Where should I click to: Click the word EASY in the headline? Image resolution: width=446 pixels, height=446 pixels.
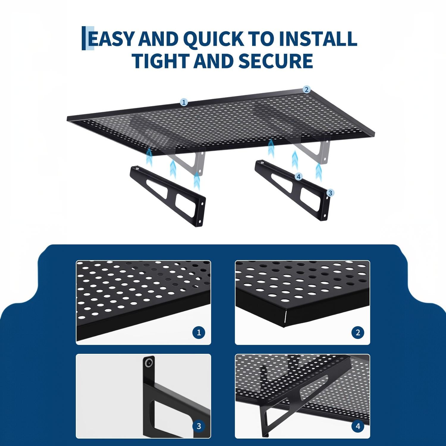[111, 39]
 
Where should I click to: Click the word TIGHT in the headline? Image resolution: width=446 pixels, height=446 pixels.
[161, 61]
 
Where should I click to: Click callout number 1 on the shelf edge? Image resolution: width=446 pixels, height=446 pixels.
[184, 102]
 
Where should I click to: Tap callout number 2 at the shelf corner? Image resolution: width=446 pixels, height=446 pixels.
[306, 89]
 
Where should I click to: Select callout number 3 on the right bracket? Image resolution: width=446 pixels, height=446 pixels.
[330, 193]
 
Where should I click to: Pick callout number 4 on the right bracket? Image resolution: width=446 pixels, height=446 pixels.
[299, 177]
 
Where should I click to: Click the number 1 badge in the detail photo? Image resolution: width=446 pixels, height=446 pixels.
[199, 332]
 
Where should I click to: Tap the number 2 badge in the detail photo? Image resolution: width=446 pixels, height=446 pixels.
[358, 332]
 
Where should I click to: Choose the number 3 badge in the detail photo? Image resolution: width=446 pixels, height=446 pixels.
[199, 426]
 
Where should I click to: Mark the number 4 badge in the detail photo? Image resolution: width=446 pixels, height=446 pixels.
[358, 426]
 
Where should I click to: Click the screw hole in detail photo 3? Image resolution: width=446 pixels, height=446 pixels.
[148, 363]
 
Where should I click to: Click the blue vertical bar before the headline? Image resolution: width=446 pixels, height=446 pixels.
[84, 38]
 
